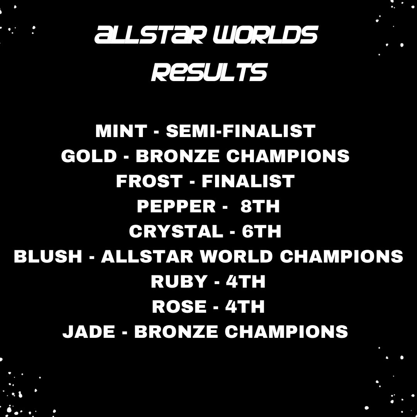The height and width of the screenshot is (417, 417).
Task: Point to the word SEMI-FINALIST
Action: pyautogui.click(x=241, y=131)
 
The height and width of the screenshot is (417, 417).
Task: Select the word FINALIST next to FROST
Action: pyautogui.click(x=248, y=181)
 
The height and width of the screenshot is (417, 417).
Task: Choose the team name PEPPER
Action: pyautogui.click(x=176, y=207)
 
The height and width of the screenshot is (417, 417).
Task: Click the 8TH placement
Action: pyautogui.click(x=260, y=207)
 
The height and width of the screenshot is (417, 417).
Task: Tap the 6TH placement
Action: pyautogui.click(x=261, y=231)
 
